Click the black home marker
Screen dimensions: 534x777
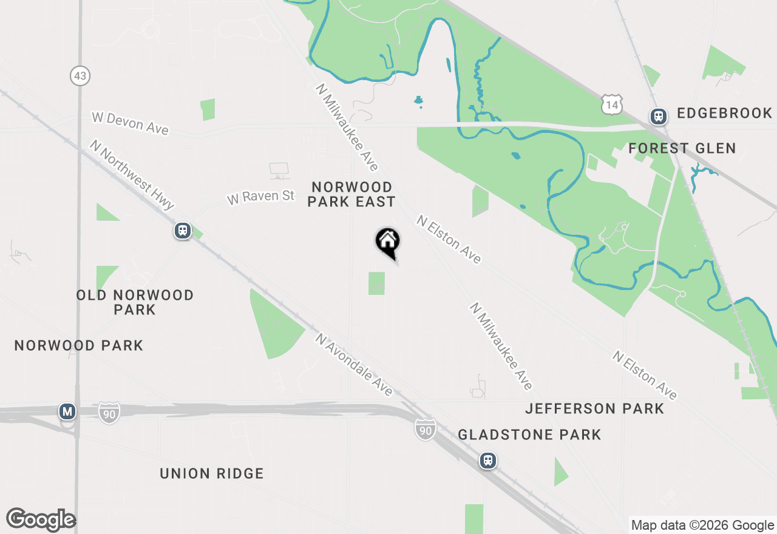point(387,242)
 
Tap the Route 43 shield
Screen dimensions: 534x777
point(80,76)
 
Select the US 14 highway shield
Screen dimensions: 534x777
point(611,105)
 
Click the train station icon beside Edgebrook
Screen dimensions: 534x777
point(658,115)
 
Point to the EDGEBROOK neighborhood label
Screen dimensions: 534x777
point(724,113)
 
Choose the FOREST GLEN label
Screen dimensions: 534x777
point(682,148)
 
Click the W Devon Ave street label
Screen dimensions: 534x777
point(130,123)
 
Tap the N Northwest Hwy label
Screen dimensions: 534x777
point(132,175)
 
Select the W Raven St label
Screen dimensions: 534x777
point(260,197)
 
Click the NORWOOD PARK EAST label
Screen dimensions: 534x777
point(351,194)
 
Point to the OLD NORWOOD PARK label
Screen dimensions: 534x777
point(135,302)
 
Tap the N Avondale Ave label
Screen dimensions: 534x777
point(354,364)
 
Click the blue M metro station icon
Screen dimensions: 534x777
point(67,412)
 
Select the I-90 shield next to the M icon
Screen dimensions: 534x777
point(109,413)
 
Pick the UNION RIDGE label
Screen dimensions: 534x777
point(212,473)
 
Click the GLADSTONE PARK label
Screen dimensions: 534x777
point(529,434)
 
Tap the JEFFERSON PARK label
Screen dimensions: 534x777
point(594,408)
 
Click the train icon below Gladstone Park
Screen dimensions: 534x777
point(487,461)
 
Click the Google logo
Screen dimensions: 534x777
point(41,520)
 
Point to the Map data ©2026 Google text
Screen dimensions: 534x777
point(702,526)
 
